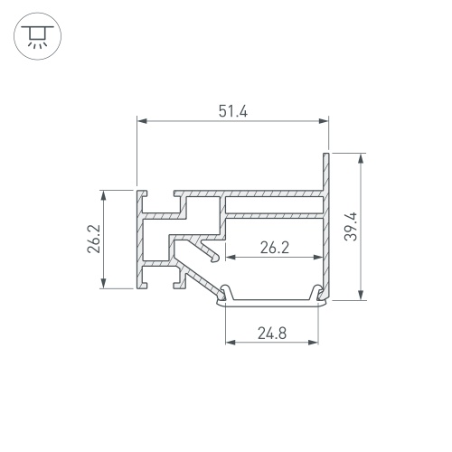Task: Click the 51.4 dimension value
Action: (x=233, y=111)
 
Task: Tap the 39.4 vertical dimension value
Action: (x=351, y=227)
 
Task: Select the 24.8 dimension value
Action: (x=272, y=334)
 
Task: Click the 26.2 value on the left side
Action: (x=93, y=239)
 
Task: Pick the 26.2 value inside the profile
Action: (x=275, y=248)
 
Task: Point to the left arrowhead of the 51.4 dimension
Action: (x=142, y=121)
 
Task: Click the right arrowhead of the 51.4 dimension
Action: (x=324, y=121)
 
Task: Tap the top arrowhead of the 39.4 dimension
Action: (x=361, y=158)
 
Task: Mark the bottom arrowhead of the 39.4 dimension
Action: (x=361, y=295)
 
